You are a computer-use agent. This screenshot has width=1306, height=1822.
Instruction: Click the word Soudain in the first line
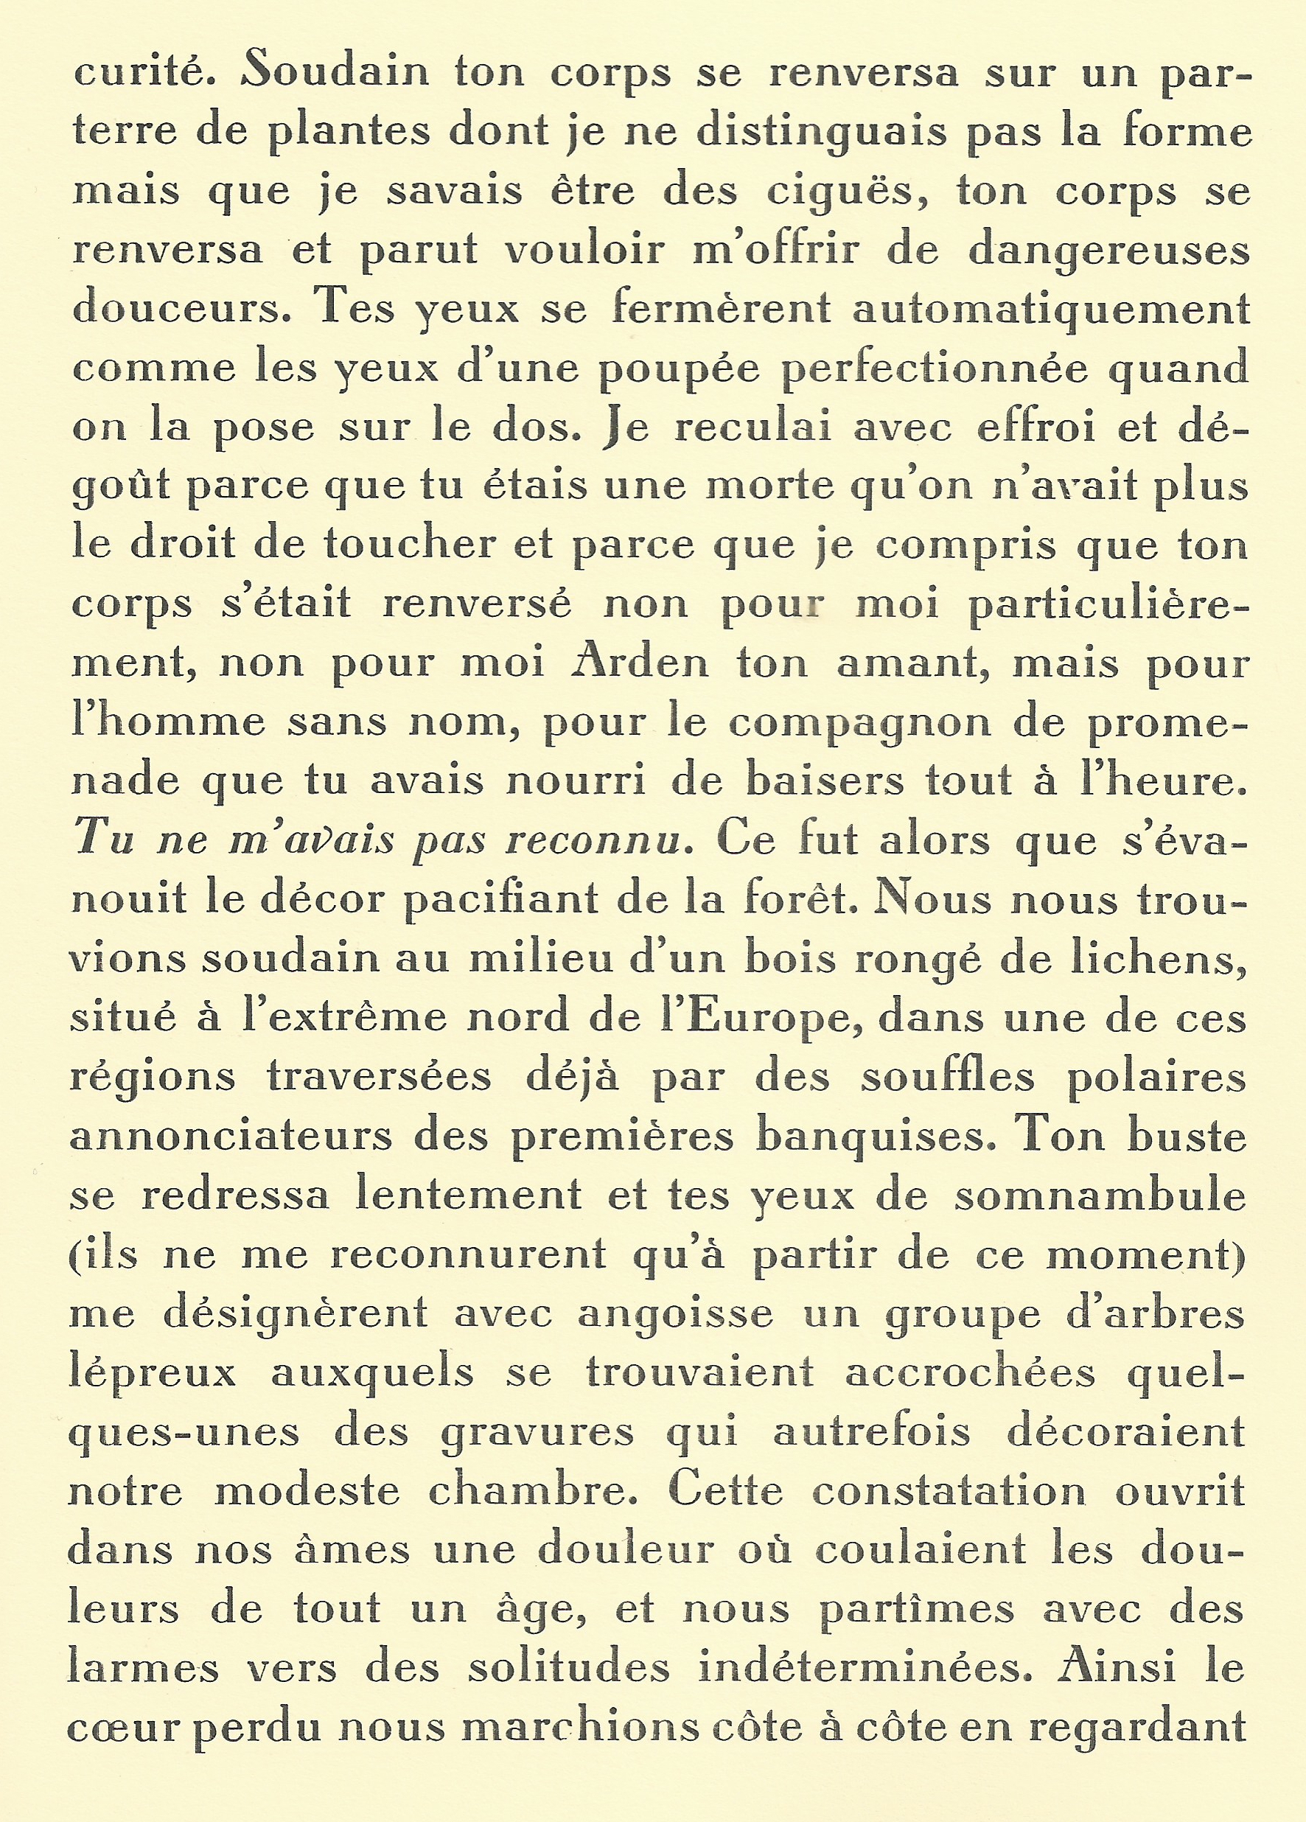(x=336, y=72)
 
